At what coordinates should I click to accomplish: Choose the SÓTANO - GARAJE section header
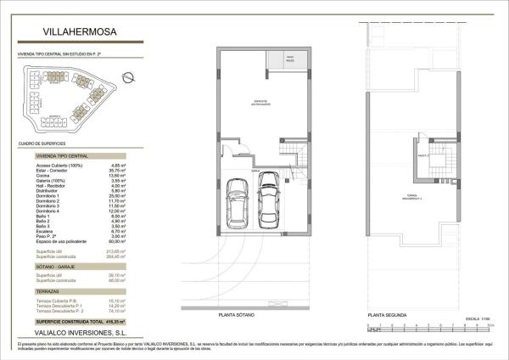(x=60, y=267)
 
